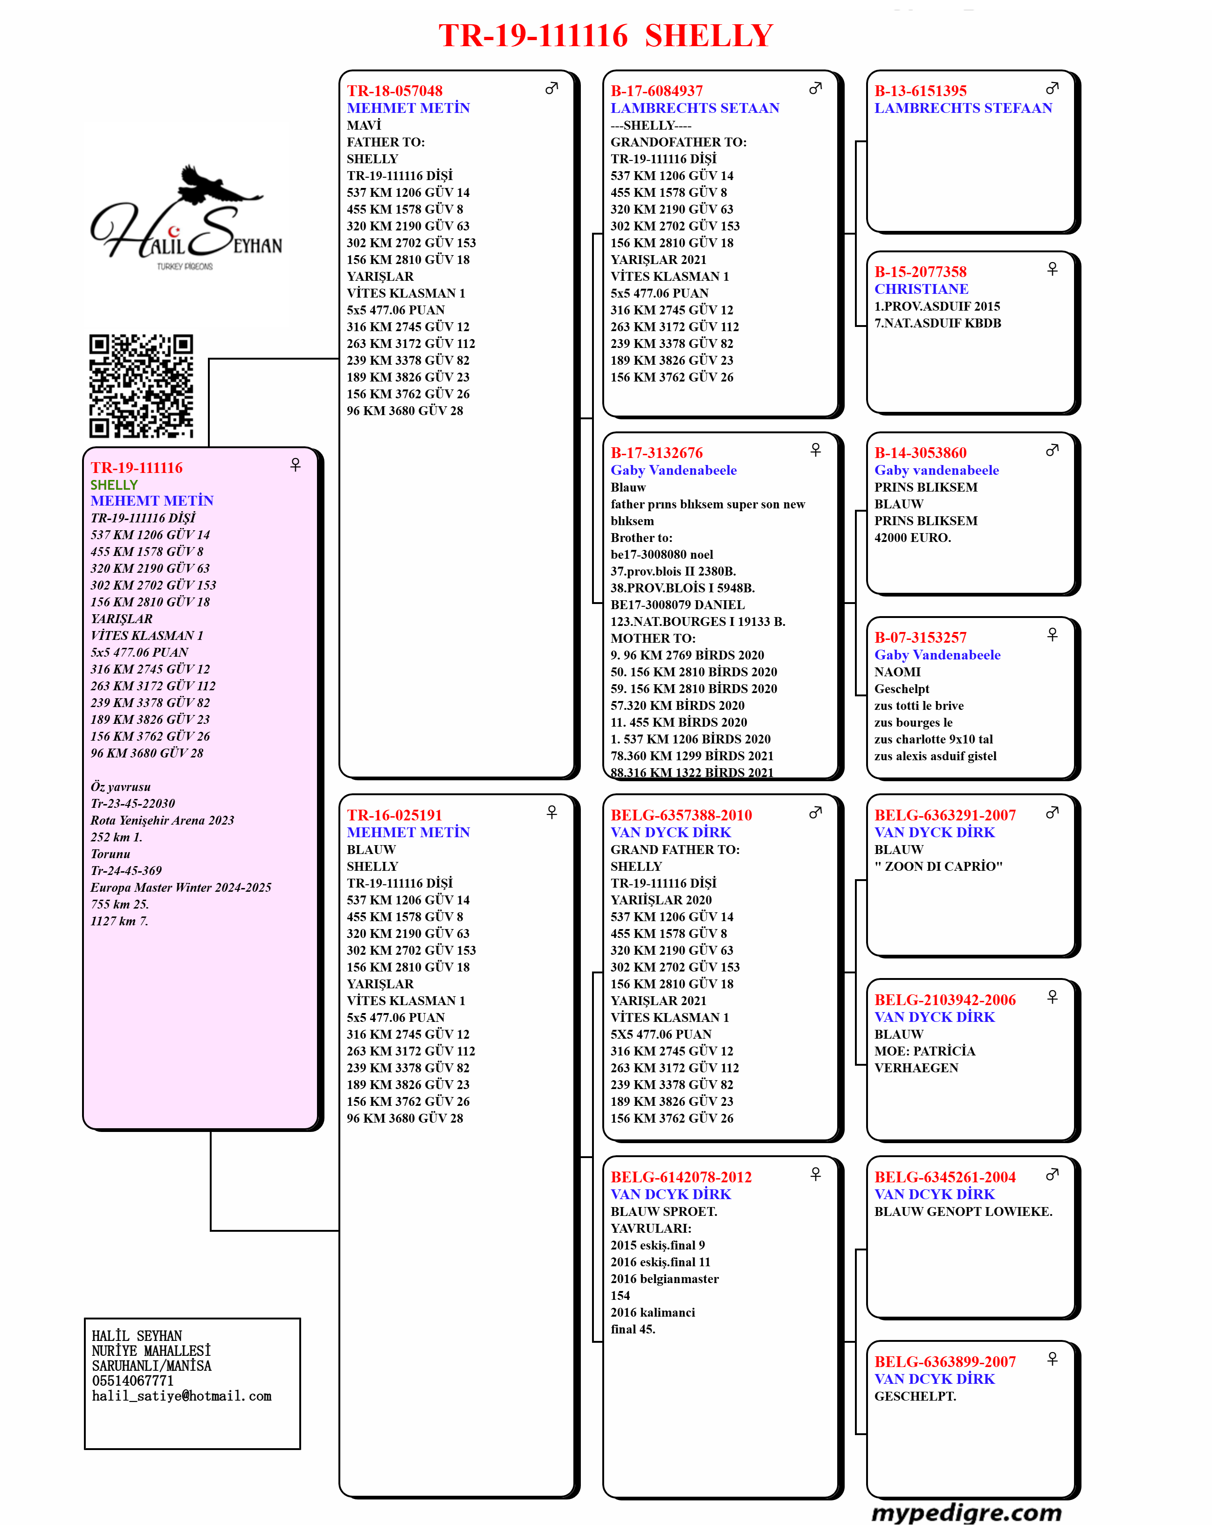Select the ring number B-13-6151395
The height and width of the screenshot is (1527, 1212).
[x=920, y=90]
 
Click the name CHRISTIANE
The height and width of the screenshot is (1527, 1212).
[x=921, y=289]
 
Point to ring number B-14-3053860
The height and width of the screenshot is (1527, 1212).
[x=920, y=452]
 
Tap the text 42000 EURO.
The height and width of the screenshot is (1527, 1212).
[x=913, y=538]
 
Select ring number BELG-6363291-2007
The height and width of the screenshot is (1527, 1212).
[x=944, y=815]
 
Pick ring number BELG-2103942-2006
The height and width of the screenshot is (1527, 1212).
[x=944, y=1000]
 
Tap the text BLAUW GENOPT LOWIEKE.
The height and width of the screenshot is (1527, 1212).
[x=963, y=1212]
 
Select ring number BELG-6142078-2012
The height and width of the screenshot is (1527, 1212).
[x=681, y=1177]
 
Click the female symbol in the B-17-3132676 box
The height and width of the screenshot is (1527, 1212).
[x=816, y=450]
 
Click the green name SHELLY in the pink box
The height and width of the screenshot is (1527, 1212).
[x=114, y=485]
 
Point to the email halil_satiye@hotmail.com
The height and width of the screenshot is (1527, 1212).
[x=182, y=1396]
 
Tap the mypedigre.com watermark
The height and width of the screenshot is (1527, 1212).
[x=966, y=1512]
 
